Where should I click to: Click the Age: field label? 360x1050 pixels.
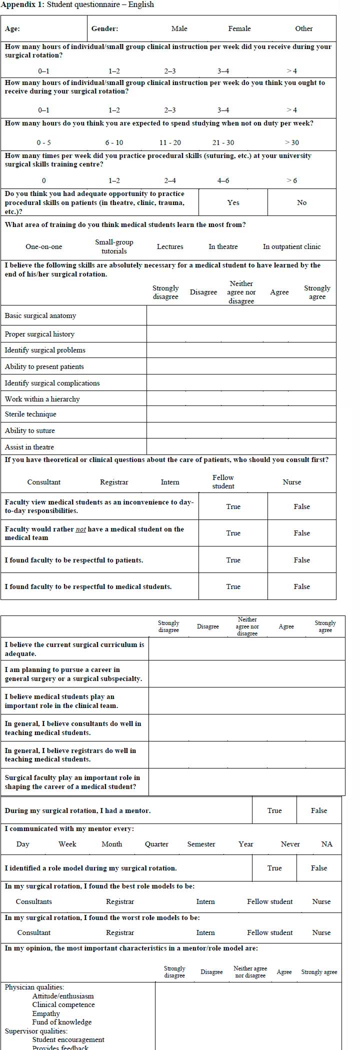click(12, 28)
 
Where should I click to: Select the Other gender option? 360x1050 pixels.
click(303, 28)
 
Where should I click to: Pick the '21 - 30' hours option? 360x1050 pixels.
click(223, 142)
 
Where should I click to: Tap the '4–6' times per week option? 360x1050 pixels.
click(223, 180)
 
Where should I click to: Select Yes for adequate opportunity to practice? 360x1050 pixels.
click(233, 202)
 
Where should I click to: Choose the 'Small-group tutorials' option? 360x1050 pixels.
click(114, 246)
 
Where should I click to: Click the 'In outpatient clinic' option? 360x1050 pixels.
click(291, 246)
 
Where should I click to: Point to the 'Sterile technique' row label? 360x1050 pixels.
click(30, 414)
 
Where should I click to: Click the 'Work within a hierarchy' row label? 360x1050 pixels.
click(42, 399)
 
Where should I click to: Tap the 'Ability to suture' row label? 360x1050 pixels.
click(30, 430)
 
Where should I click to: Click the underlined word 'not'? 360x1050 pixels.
click(80, 529)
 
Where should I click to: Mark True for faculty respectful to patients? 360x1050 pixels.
click(233, 560)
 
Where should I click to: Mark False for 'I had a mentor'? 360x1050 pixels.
click(318, 810)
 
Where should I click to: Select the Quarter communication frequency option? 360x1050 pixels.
click(156, 844)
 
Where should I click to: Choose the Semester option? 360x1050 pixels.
click(201, 844)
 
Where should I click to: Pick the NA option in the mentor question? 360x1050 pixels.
click(326, 844)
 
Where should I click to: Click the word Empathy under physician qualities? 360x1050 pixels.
click(46, 1013)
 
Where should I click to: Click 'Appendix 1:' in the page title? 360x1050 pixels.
click(22, 4)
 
